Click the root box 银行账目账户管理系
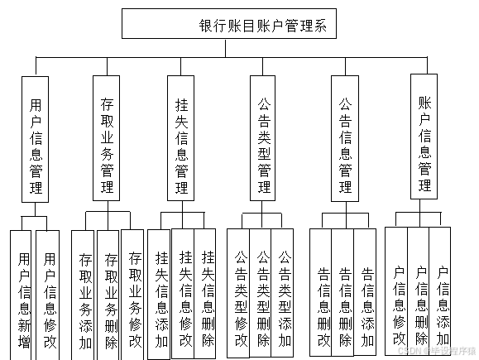[229, 24]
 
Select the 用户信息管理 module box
[35, 137]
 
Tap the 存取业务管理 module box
[106, 137]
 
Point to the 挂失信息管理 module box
[180, 137]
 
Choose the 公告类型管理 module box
[264, 137]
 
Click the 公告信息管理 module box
[346, 137]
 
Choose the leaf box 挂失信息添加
[160, 294]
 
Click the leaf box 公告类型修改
[241, 294]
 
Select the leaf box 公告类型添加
[284, 294]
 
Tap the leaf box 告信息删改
[322, 294]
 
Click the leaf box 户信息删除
[419, 294]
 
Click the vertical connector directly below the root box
[229, 48]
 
